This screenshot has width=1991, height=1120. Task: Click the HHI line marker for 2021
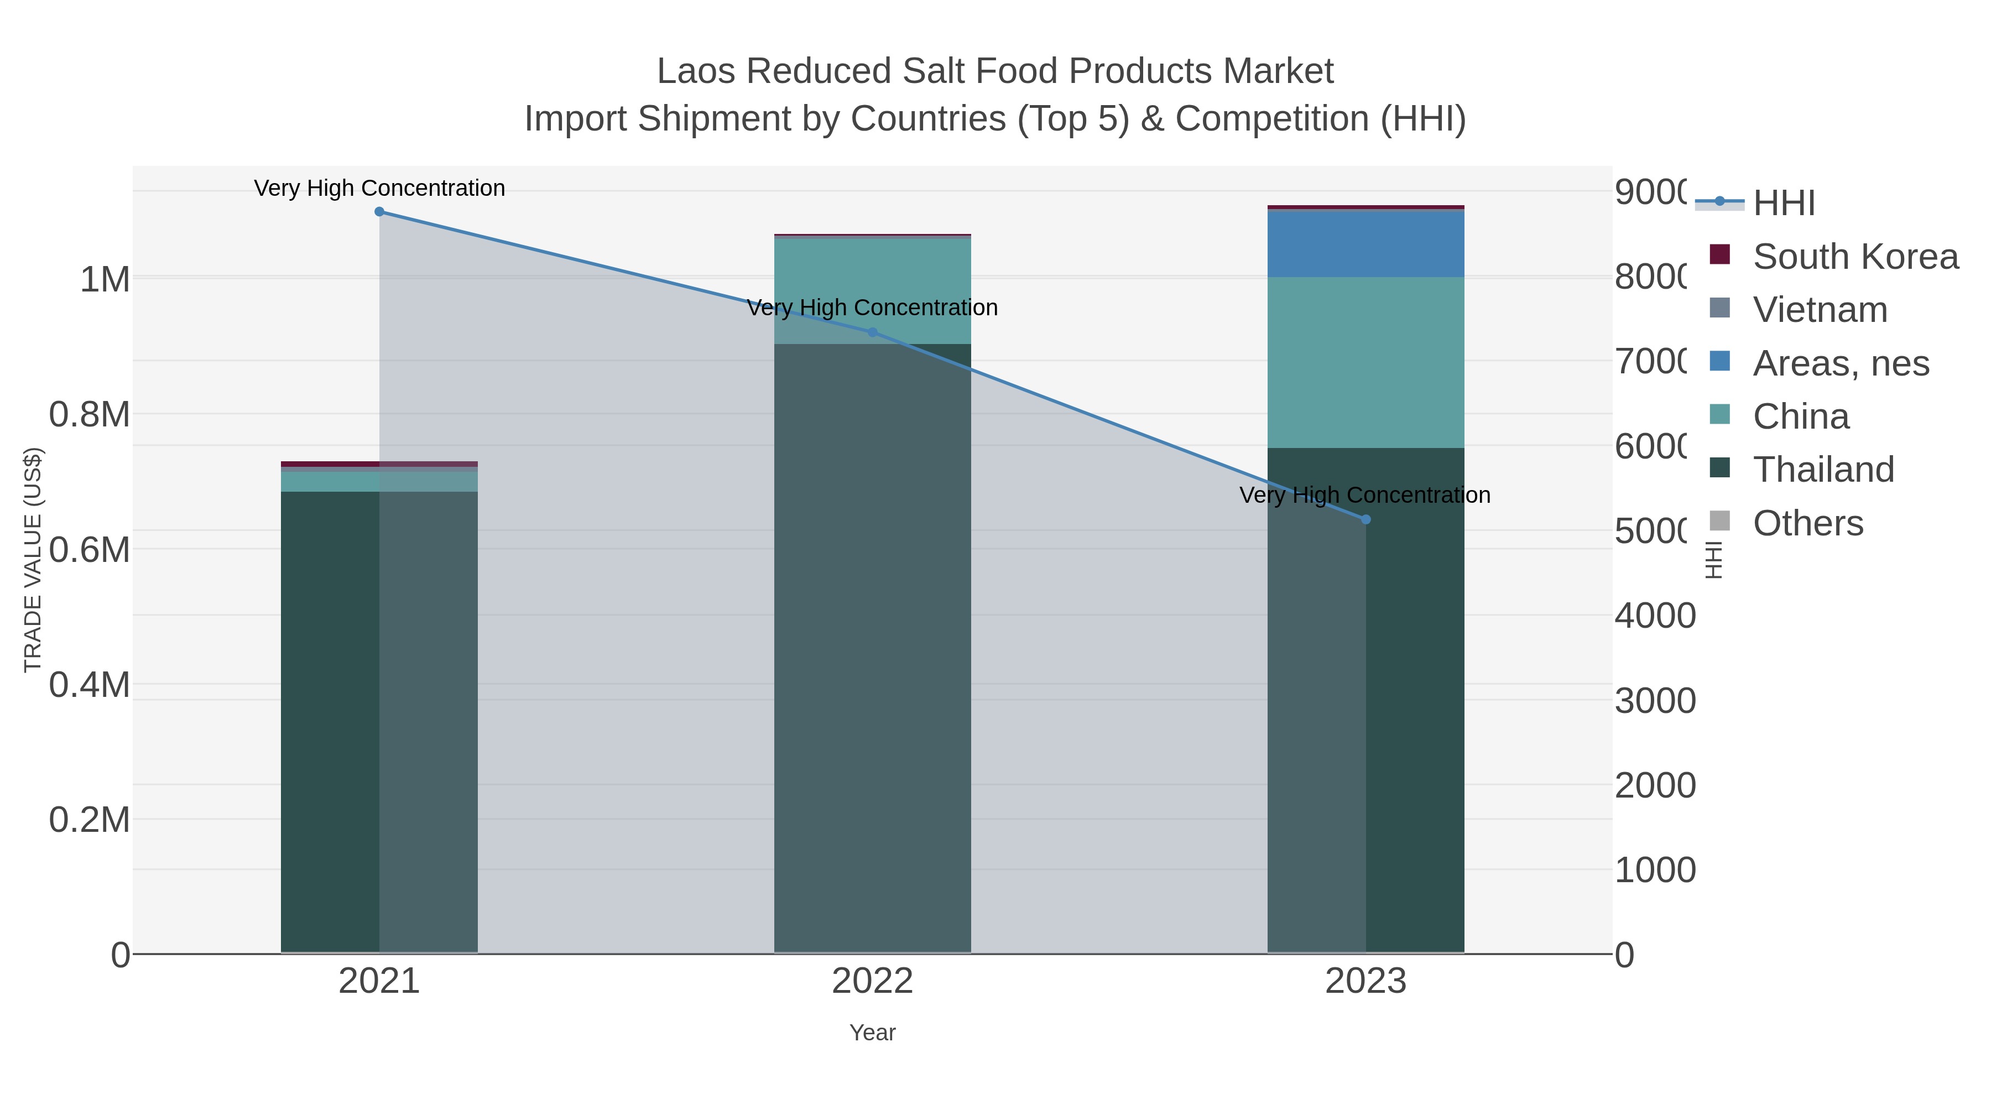[x=379, y=212]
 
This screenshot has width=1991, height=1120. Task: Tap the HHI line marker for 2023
[x=1365, y=519]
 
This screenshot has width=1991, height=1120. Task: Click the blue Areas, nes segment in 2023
[x=1365, y=243]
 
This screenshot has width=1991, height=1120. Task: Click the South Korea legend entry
[x=1855, y=257]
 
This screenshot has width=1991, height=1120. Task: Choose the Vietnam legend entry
[x=1820, y=310]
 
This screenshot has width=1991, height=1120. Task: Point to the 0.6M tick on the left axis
[x=90, y=550]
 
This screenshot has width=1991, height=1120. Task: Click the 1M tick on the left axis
[x=105, y=279]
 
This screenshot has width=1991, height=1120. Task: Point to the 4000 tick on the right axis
[x=1655, y=616]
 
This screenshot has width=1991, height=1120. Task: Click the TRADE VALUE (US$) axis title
[x=33, y=560]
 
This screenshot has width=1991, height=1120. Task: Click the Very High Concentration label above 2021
[x=379, y=189]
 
